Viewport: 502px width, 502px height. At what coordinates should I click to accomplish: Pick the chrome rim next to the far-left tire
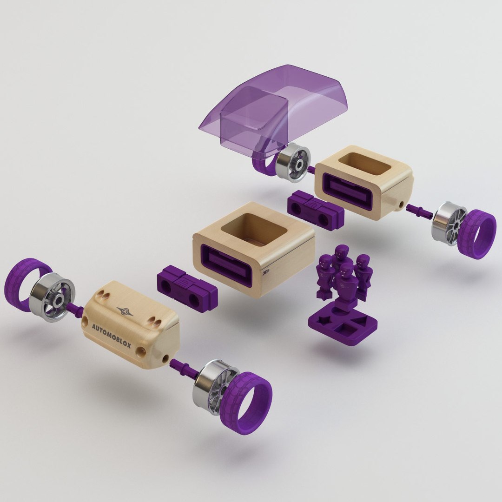click(52, 297)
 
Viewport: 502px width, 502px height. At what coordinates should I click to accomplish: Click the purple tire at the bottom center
click(246, 402)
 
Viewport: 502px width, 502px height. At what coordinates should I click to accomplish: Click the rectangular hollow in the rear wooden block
click(363, 164)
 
